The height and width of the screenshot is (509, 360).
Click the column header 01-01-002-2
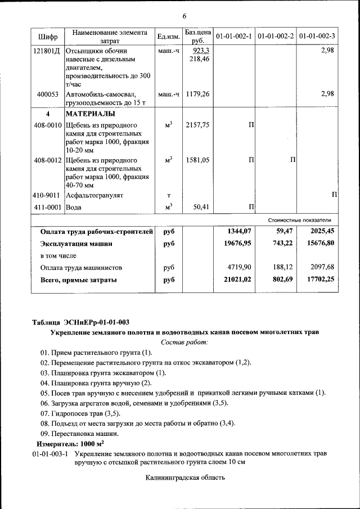click(x=276, y=37)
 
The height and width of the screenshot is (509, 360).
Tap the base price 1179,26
click(x=197, y=94)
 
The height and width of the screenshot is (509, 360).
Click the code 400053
click(x=48, y=94)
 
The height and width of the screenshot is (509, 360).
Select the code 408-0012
click(x=48, y=160)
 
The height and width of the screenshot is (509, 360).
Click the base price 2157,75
click(x=197, y=125)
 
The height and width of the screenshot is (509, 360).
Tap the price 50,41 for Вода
click(x=201, y=207)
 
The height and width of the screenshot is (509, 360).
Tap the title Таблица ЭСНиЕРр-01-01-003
click(x=80, y=322)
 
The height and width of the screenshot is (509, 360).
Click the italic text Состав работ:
click(x=184, y=342)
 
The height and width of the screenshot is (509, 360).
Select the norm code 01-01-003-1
click(x=50, y=453)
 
